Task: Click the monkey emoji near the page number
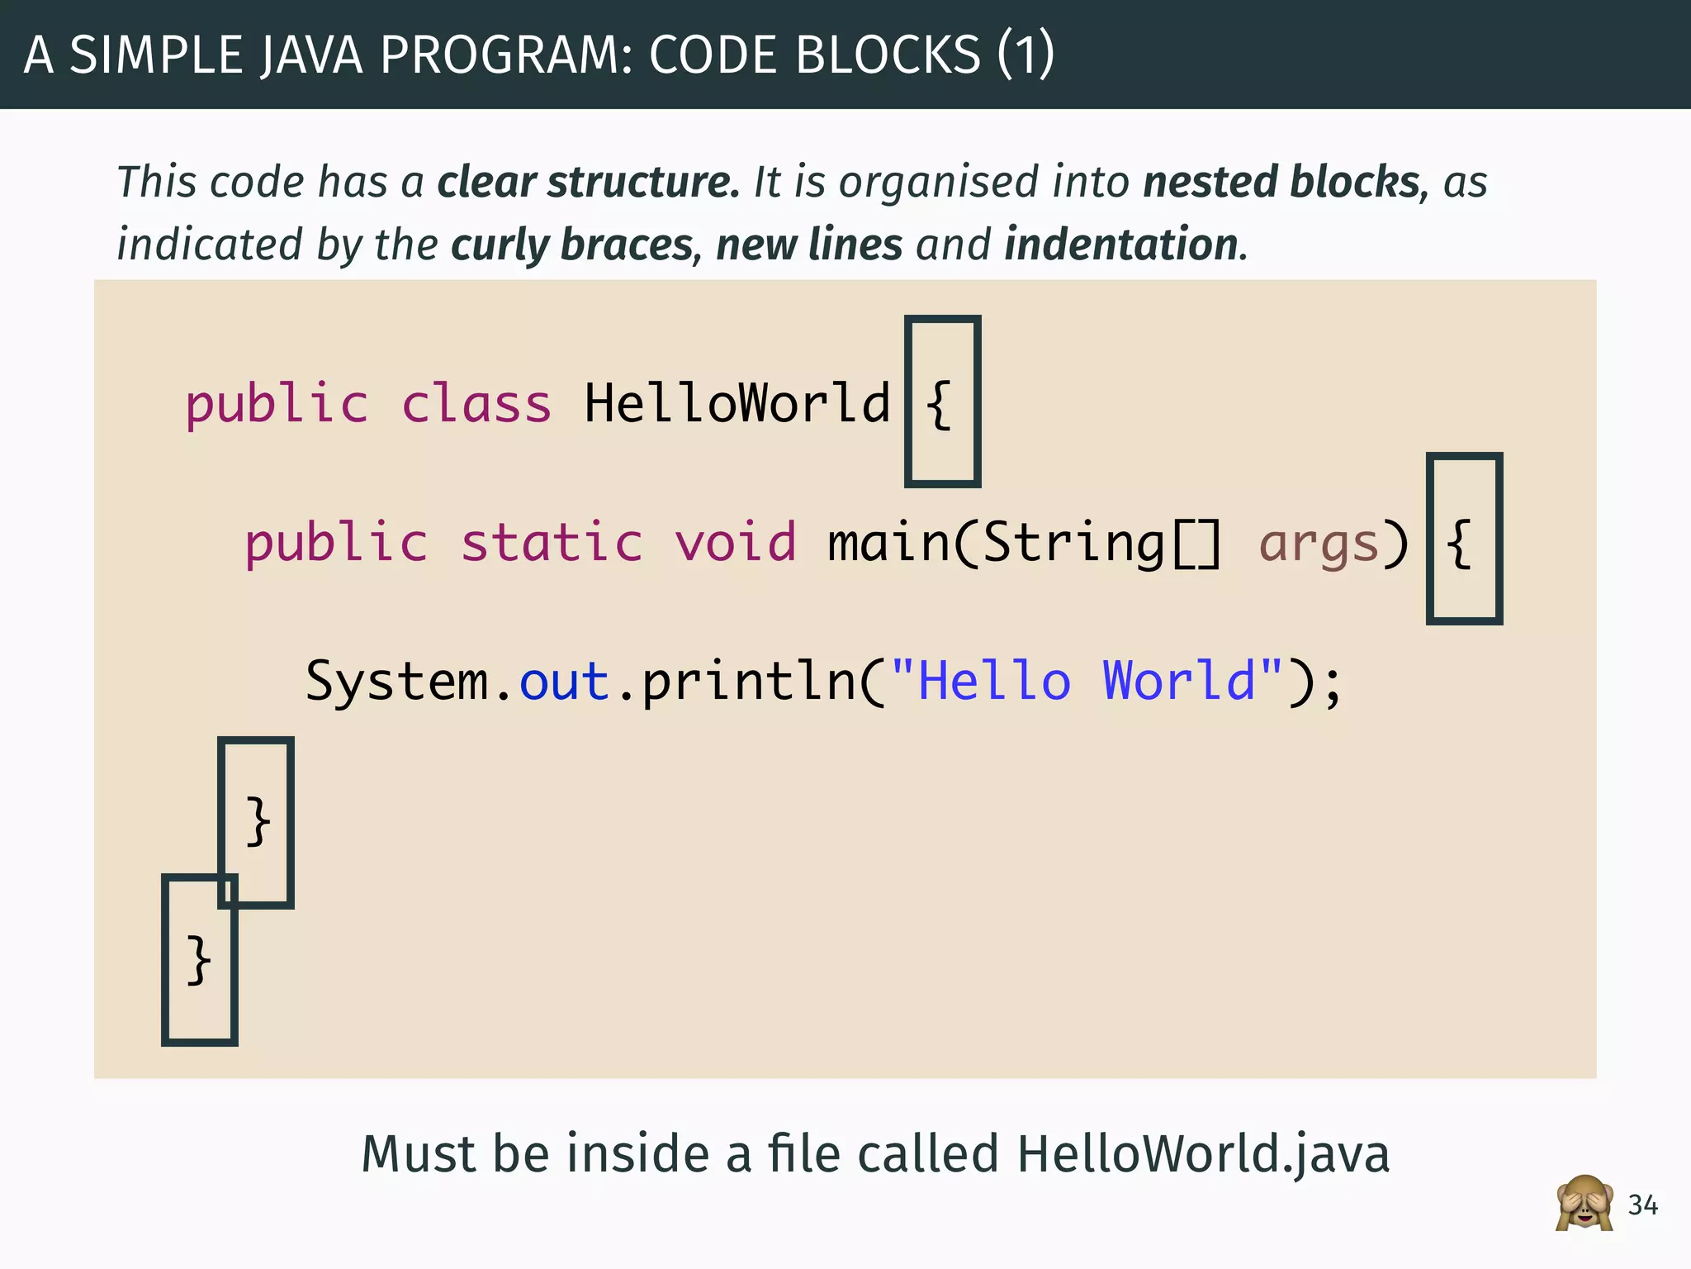1584,1204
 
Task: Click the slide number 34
1642,1205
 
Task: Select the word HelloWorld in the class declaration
737,404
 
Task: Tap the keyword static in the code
552,543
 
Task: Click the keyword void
736,543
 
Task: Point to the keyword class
476,404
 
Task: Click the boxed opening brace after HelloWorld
940,404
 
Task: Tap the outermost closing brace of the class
198,960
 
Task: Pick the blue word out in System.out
564,682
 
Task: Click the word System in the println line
397,682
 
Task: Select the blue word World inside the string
1179,682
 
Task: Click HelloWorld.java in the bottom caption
1203,1153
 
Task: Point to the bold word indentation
1121,245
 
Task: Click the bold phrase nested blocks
1281,182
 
